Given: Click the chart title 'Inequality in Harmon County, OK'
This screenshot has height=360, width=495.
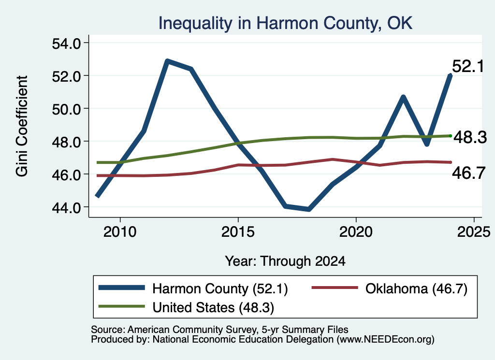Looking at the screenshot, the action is tap(285, 23).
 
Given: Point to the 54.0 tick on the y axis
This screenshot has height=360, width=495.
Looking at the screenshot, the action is tap(67, 43).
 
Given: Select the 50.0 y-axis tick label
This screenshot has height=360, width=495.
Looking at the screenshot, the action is tap(67, 109).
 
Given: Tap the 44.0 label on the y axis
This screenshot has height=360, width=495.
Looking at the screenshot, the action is tap(67, 208).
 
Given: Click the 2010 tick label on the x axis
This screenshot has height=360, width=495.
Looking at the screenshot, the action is tap(120, 232).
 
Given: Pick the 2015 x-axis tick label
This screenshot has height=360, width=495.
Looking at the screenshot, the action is tap(238, 232).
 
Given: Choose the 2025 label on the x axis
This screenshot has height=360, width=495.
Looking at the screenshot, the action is tap(474, 232).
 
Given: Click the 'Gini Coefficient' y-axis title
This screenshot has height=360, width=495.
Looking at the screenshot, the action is tap(22, 126).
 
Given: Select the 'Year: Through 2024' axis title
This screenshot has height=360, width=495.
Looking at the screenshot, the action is tap(285, 261).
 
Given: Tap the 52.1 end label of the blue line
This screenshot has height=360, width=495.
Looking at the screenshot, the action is tap(468, 66).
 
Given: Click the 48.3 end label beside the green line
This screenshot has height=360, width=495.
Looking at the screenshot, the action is tap(470, 137).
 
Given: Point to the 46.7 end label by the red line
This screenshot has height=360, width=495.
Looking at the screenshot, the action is tap(468, 173).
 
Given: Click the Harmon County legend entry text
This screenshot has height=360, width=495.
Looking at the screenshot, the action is tap(220, 288).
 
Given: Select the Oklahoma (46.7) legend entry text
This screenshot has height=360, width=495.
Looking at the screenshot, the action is tap(416, 288).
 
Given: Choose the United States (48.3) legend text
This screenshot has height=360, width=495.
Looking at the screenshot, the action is tap(213, 307).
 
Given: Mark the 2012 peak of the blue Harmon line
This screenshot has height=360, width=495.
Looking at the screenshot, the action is tap(168, 61).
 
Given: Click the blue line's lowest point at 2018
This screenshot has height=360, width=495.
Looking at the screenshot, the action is tap(309, 209).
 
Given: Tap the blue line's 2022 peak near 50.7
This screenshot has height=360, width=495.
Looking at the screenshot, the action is tap(403, 97).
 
